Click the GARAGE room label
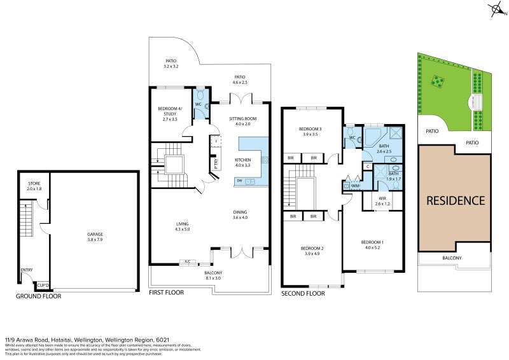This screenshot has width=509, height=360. pyautogui.click(x=95, y=234)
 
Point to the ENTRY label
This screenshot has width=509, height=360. pyautogui.click(x=27, y=270)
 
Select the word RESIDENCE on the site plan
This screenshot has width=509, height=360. pyautogui.click(x=454, y=200)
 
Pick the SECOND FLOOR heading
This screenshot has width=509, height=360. pyautogui.click(x=303, y=293)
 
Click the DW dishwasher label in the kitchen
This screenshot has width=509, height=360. pyautogui.click(x=239, y=181)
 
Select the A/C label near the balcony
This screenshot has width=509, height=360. pyautogui.click(x=187, y=261)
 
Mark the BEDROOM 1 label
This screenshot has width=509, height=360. pyautogui.click(x=372, y=242)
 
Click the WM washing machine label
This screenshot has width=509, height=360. pyautogui.click(x=355, y=185)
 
